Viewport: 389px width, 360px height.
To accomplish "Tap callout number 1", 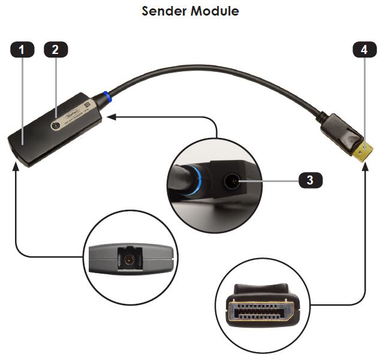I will tap(22, 50).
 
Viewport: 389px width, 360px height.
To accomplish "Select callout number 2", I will tap(55, 50).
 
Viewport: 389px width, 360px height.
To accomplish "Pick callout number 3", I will tap(309, 179).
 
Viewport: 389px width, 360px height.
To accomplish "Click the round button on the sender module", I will tap(57, 125).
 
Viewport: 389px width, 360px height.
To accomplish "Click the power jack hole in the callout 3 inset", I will tap(234, 179).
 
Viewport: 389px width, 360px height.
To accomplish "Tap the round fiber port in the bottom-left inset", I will tap(128, 261).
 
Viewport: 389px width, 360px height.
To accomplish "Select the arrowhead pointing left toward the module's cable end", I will tap(110, 117).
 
